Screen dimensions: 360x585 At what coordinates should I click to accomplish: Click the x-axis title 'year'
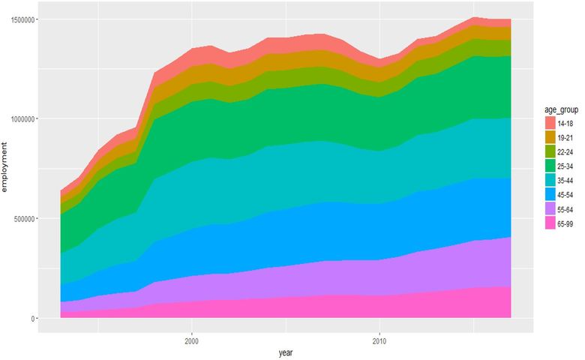[x=286, y=351]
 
